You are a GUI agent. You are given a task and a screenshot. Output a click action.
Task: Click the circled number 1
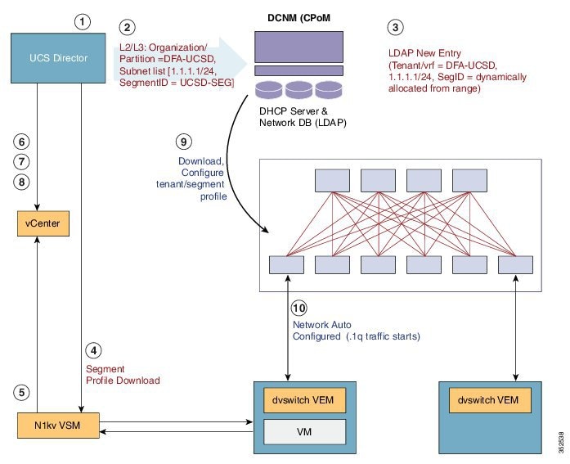[82, 22]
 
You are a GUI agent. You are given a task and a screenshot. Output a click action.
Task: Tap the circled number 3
[395, 26]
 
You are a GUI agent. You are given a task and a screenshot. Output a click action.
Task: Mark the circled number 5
[25, 391]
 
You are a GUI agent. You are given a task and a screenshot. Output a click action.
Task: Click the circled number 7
[25, 160]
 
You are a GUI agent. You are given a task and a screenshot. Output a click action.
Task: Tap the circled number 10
[300, 308]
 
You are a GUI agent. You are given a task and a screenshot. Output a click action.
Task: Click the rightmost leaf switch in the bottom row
[514, 264]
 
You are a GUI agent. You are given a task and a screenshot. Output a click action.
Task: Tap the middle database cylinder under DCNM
[298, 89]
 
